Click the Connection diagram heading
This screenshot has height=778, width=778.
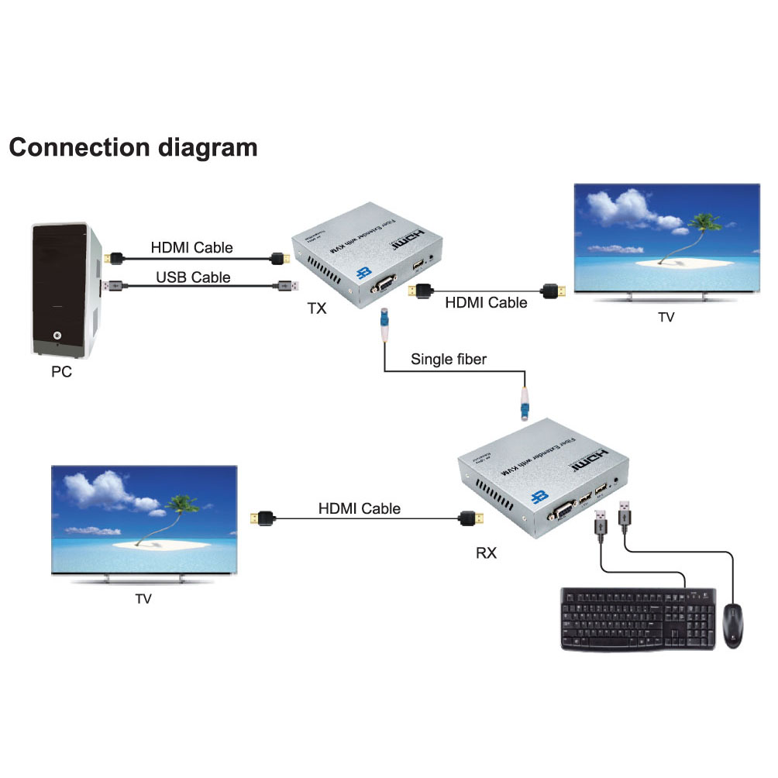133,147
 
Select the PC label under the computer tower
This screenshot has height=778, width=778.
61,372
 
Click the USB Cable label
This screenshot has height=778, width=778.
193,277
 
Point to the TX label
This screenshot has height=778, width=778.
317,309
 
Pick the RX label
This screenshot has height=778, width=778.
485,553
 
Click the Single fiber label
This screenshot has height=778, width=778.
449,359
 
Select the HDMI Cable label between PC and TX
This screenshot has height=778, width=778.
191,248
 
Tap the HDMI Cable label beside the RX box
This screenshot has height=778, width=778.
360,509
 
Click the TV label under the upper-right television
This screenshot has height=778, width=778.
666,317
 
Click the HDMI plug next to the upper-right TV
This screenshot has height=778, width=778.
553,291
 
